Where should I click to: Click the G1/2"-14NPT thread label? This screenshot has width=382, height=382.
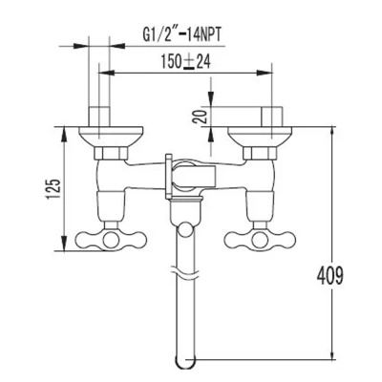(x=181, y=34)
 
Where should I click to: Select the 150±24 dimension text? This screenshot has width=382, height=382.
(x=185, y=62)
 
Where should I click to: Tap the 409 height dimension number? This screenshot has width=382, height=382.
(x=330, y=275)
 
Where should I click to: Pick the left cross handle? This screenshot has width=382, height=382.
(x=111, y=240)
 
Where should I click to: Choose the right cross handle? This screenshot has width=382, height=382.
(x=260, y=240)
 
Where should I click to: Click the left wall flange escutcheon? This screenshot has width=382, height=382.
(x=111, y=137)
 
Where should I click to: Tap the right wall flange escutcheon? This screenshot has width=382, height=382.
(x=260, y=137)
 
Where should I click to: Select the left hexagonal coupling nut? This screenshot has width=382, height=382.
(x=111, y=153)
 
